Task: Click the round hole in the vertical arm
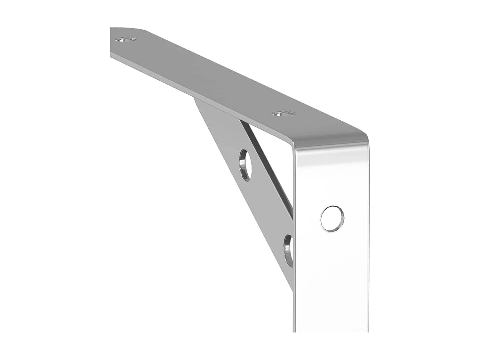pyautogui.click(x=332, y=219)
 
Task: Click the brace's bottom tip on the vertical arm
pyautogui.click(x=292, y=288)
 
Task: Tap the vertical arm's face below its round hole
pyautogui.click(x=333, y=282)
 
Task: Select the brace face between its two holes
pyautogui.click(x=266, y=208)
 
